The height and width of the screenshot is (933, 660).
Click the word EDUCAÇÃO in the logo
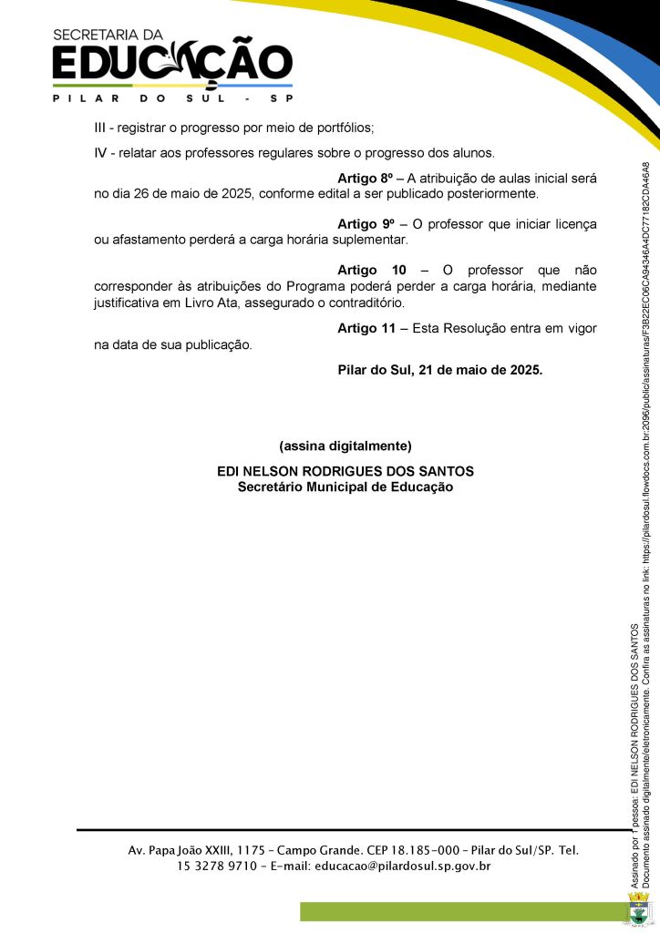click(x=172, y=65)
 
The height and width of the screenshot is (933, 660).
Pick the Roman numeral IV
click(x=101, y=152)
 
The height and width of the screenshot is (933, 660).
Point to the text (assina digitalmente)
click(x=345, y=446)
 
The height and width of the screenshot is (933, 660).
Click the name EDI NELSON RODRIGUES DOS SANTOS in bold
click(x=345, y=471)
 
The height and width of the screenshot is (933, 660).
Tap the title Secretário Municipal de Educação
click(x=345, y=487)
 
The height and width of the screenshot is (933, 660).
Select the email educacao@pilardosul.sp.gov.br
click(x=402, y=866)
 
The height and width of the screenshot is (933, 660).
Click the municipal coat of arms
click(x=639, y=910)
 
